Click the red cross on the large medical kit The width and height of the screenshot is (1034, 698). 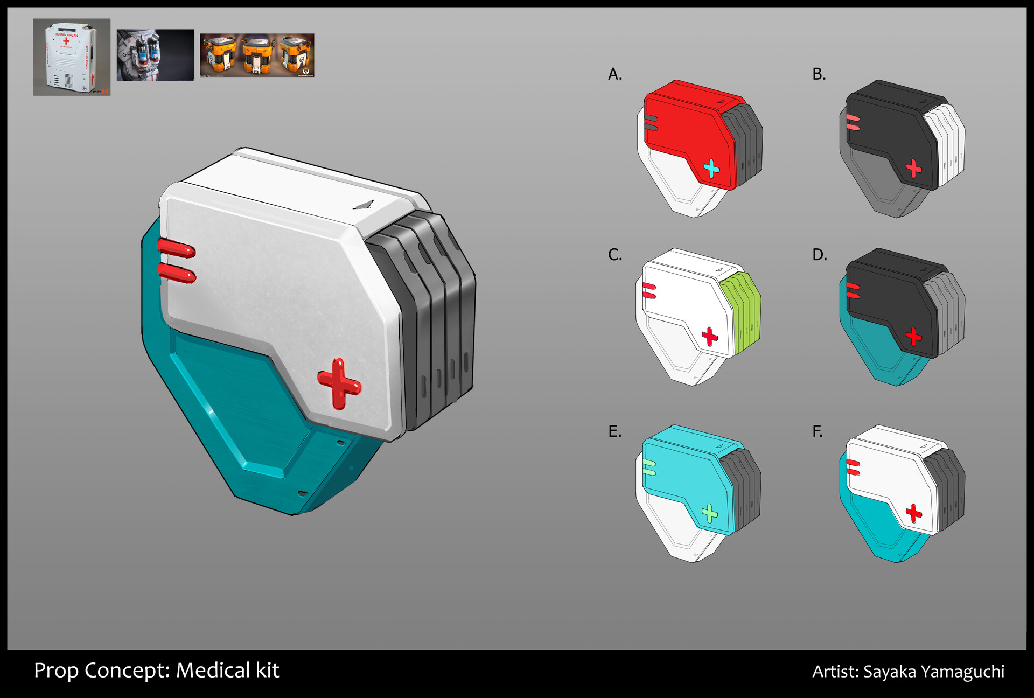pyautogui.click(x=339, y=384)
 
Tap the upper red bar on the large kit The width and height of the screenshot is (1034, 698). pyautogui.click(x=176, y=249)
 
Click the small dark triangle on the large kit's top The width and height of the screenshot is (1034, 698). pyautogui.click(x=365, y=205)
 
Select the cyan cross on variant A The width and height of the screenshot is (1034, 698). pyautogui.click(x=711, y=169)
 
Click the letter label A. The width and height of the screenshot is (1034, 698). pyautogui.click(x=614, y=74)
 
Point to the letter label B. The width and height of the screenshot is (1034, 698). pyautogui.click(x=819, y=74)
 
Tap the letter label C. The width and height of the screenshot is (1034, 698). pyautogui.click(x=614, y=254)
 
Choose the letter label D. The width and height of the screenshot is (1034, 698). pyautogui.click(x=819, y=254)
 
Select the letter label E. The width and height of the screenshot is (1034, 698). pyautogui.click(x=614, y=431)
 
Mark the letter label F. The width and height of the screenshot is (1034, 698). pyautogui.click(x=818, y=431)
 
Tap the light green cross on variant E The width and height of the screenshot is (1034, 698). pyautogui.click(x=710, y=513)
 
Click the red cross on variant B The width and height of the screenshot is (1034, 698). pyautogui.click(x=913, y=169)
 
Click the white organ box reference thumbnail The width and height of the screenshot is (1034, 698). pyautogui.click(x=72, y=57)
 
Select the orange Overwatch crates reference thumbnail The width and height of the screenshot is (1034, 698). pyautogui.click(x=257, y=55)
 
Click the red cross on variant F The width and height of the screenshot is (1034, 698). pyautogui.click(x=913, y=513)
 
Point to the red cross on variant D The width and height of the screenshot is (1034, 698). pyautogui.click(x=913, y=337)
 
